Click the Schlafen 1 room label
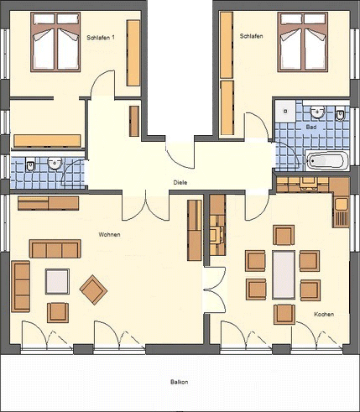(x=102, y=37)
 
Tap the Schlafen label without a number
(x=251, y=36)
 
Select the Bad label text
(x=311, y=127)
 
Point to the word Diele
(x=180, y=182)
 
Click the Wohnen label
(x=109, y=234)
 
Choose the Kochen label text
(x=324, y=314)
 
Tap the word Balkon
(x=179, y=382)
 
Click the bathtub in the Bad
(x=326, y=160)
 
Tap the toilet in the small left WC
(x=29, y=165)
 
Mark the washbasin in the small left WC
(x=55, y=164)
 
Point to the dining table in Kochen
(x=284, y=274)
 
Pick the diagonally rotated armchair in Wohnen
(x=93, y=290)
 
